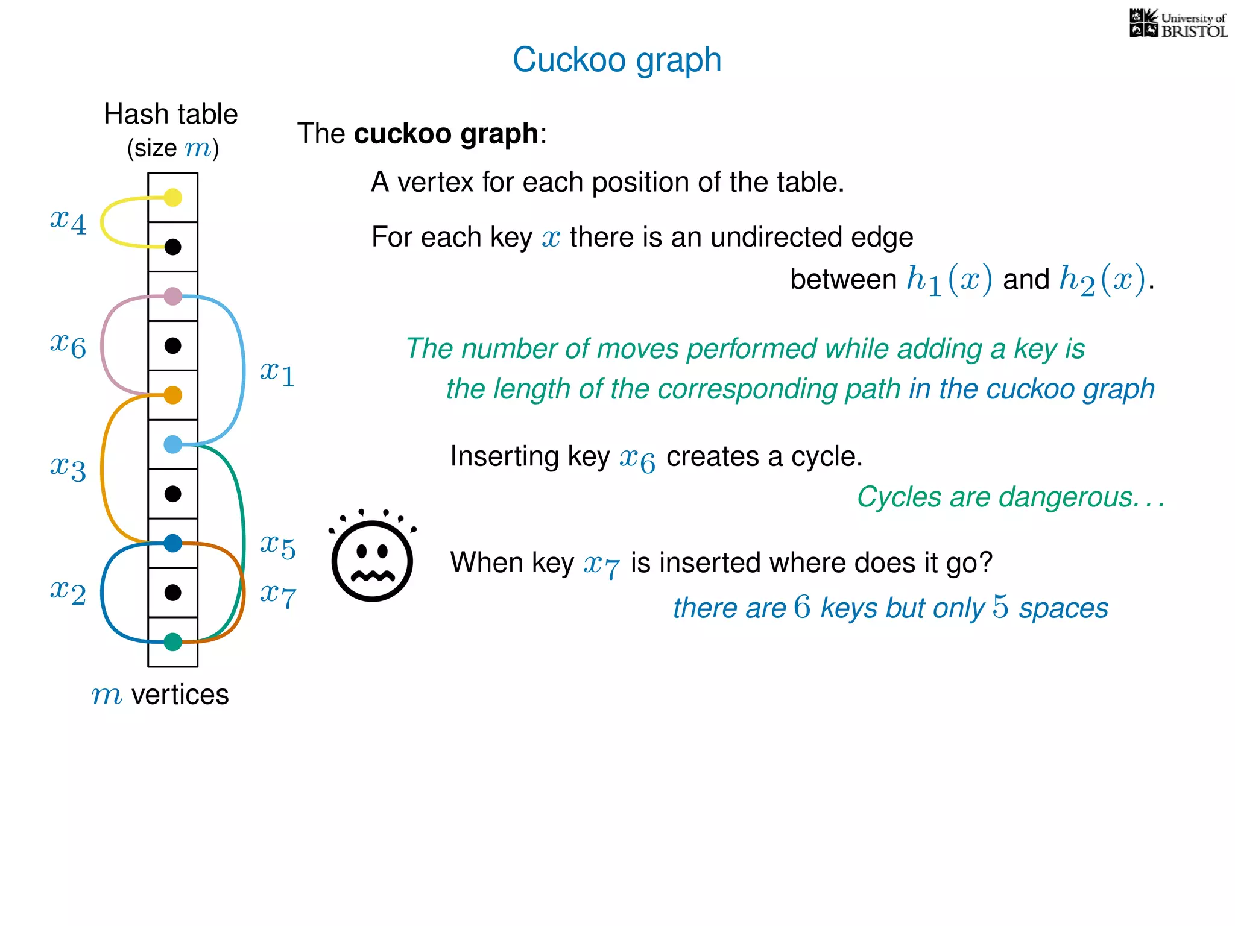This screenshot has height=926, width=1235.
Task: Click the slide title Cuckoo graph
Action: pos(617,60)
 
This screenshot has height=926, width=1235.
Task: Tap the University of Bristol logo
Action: pos(1178,24)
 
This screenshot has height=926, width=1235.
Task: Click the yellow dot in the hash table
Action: pos(173,197)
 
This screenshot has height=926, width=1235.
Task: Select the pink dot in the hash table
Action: pos(173,296)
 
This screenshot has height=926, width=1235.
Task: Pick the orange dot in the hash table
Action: pos(173,395)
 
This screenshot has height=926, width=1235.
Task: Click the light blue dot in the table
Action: pos(173,444)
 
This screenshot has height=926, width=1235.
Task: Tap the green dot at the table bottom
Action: pos(173,642)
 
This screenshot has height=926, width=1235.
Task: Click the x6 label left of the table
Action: pos(68,345)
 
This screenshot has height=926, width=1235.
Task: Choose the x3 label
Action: pos(68,468)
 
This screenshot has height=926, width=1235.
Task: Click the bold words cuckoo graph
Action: pos(446,133)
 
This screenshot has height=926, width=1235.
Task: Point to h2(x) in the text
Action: pos(1102,280)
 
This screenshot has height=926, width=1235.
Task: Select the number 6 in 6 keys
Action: pos(802,607)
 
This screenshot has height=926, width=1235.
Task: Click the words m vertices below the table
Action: pos(160,694)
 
